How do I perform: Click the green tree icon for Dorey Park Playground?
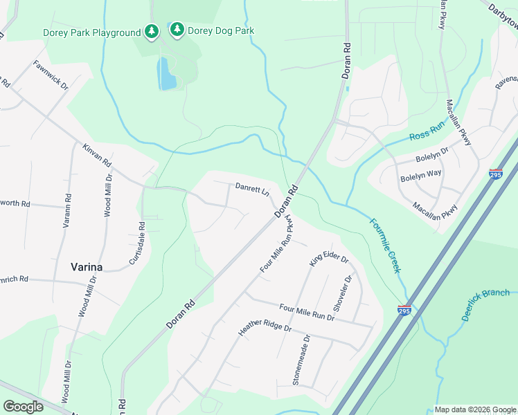tap(152, 32)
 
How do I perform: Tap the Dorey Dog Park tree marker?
tap(177, 29)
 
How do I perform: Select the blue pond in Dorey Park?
tap(167, 74)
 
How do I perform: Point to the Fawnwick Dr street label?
tap(51, 77)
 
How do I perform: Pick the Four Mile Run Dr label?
tap(307, 312)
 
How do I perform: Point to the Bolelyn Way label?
tap(420, 176)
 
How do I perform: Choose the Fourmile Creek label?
tap(384, 245)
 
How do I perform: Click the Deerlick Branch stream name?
tap(485, 304)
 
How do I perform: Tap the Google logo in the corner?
tap(23, 406)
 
